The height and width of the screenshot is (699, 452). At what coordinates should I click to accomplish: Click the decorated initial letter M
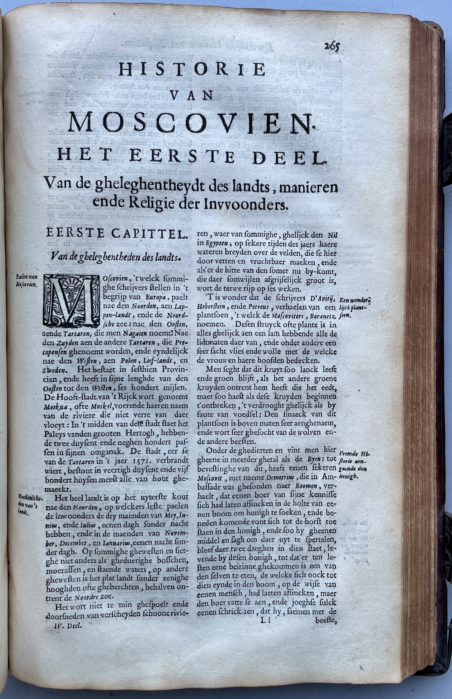[71, 300]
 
